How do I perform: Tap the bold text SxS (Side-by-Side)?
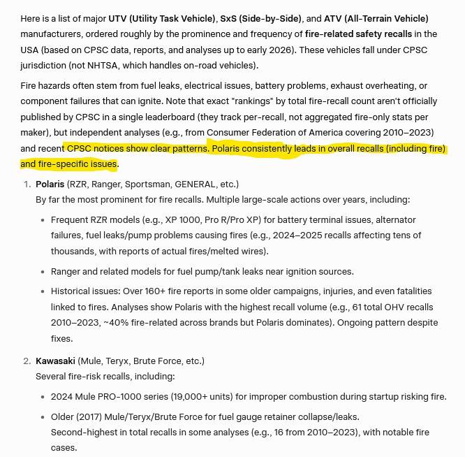pyautogui.click(x=262, y=18)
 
